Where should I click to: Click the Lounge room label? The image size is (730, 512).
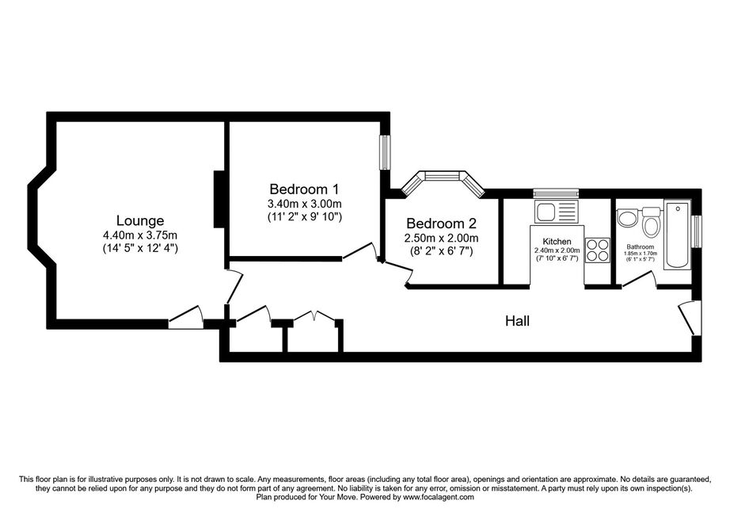pos(140,220)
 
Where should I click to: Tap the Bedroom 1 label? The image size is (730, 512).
pos(305,189)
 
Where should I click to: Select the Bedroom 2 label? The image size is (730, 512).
pos(441,224)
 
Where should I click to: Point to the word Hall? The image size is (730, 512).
pos(517,321)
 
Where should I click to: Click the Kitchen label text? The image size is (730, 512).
pos(557,241)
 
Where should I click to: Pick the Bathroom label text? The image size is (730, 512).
pos(641,247)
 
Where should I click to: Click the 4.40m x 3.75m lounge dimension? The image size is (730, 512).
pos(140,235)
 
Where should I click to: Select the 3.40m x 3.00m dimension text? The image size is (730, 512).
pos(305,204)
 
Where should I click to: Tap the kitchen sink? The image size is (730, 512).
pos(556,212)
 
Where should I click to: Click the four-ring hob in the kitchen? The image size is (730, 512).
pos(598,250)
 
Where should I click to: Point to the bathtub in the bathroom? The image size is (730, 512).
pos(678,235)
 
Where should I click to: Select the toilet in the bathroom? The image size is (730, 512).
pos(651,222)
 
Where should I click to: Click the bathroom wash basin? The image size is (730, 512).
pos(626,219)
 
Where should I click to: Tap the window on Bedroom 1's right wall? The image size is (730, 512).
pos(386,152)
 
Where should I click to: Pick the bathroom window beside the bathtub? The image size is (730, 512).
pos(697,231)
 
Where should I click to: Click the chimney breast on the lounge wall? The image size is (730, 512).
pos(219,200)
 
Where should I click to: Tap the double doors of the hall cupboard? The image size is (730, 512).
pos(314,316)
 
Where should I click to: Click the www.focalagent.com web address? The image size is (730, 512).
pos(438,497)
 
